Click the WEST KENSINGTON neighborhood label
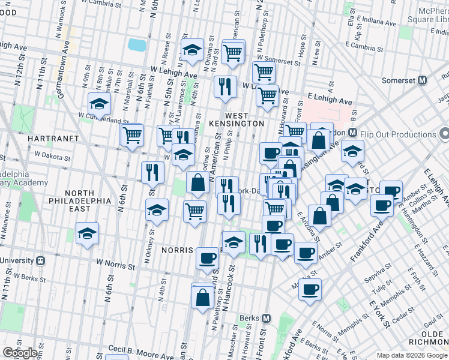(244, 119)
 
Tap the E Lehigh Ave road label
(329, 98)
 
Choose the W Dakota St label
(52, 155)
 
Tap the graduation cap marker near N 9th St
(99, 103)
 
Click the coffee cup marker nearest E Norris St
(310, 289)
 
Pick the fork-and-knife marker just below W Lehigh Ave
(224, 86)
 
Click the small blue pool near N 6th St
(137, 44)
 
